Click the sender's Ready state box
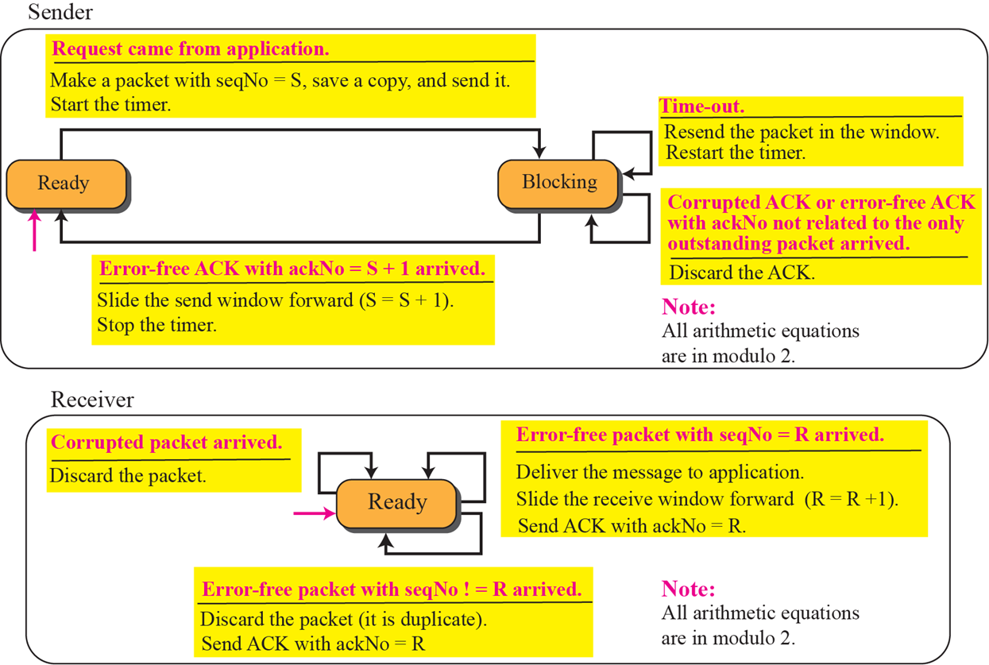pos(66,184)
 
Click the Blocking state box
pos(558,182)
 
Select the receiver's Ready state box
pos(396,502)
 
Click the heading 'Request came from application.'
pos(190,49)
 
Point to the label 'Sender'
pos(60,12)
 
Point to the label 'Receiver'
pos(92,400)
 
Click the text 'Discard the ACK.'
pos(742,273)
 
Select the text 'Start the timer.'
pos(110,103)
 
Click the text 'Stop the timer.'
pos(156,324)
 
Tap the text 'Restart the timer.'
pos(735,153)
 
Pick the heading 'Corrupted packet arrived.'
pos(167,443)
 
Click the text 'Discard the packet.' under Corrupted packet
pos(127,476)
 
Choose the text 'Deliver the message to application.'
pos(660,473)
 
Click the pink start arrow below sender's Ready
pos(33,230)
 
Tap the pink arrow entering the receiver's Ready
pos(314,514)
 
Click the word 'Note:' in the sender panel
pos(689,307)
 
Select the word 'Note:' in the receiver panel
pos(689,590)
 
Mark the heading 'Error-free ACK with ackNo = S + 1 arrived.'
pos(292,269)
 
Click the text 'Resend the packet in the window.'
pos(802,132)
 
